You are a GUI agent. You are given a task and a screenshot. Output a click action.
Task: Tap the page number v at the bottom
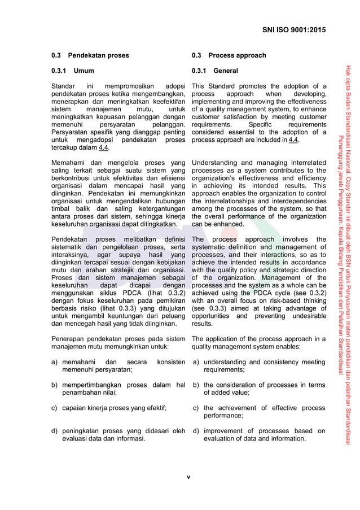click(189, 477)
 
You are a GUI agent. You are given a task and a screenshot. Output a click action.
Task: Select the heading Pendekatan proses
click(98, 55)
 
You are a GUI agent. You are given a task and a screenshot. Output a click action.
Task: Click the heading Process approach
click(237, 55)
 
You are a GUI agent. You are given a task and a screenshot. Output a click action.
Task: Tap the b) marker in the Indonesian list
click(55, 385)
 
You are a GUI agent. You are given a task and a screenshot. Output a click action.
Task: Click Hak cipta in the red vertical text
click(349, 76)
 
